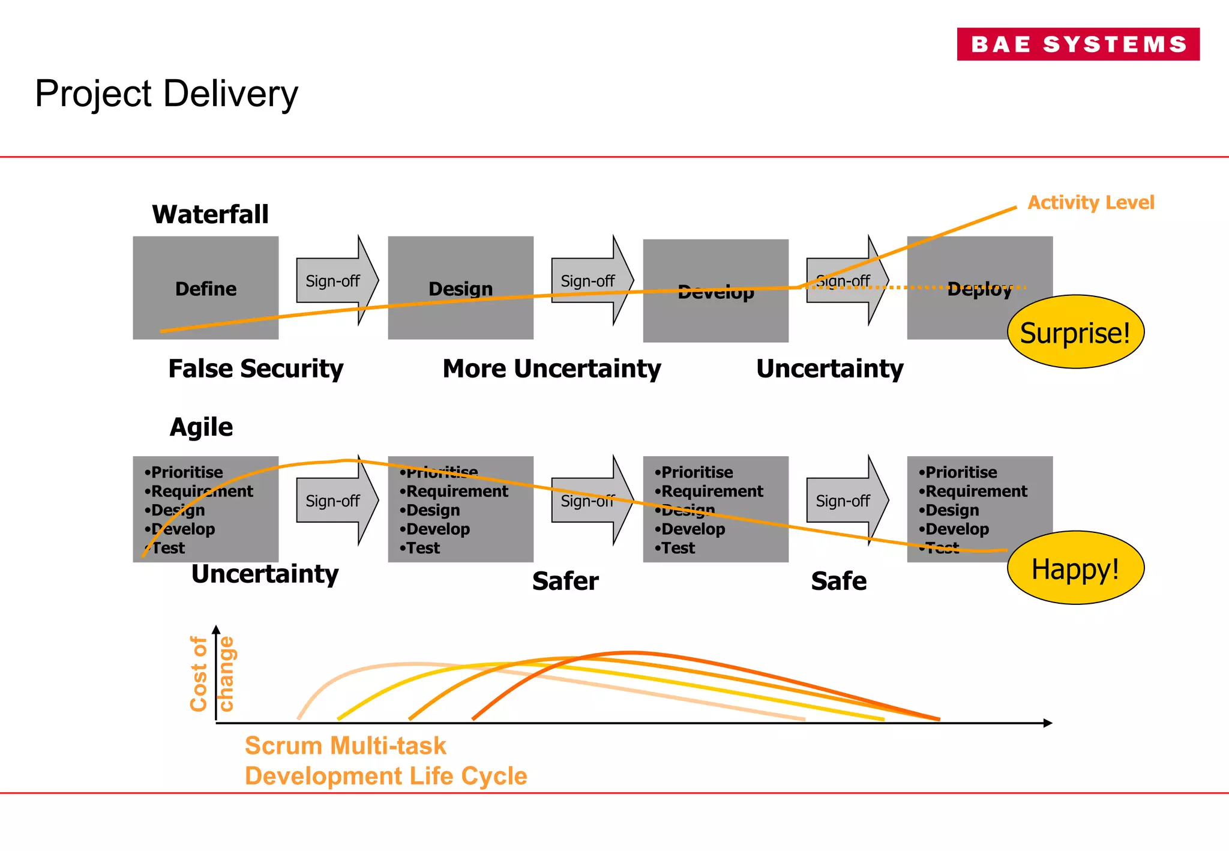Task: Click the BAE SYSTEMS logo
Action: [1078, 44]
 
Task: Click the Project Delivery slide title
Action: [166, 94]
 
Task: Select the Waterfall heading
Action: [210, 214]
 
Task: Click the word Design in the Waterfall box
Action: [460, 289]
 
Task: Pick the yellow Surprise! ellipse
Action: [1075, 332]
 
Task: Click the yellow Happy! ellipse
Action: [1075, 568]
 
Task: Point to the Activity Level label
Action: [1090, 202]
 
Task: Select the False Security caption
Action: [256, 368]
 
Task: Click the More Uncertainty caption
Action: [551, 368]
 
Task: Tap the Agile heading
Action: [201, 427]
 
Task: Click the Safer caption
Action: [565, 581]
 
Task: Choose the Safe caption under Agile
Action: [838, 581]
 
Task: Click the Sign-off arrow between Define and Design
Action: [336, 281]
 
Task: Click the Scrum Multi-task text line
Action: [345, 746]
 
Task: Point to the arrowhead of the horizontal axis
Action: [1048, 723]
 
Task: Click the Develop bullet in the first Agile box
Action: [182, 529]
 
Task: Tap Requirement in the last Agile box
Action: [976, 492]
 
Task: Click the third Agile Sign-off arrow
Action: [846, 501]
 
